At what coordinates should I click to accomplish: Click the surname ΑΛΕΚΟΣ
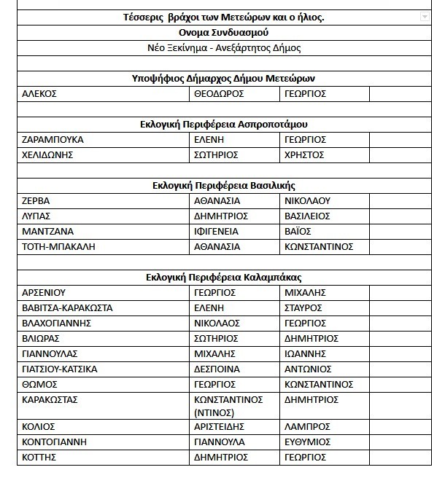[39, 94]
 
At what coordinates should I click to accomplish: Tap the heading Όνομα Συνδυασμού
[223, 33]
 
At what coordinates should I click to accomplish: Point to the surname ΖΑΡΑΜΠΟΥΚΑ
[53, 139]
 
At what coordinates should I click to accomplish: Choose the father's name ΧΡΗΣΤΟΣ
[304, 154]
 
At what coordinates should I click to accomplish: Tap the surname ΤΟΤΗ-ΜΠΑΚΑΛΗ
[59, 246]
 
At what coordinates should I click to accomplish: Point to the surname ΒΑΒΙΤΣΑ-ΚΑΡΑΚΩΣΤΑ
[68, 307]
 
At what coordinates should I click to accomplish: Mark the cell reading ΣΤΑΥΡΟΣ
[303, 307]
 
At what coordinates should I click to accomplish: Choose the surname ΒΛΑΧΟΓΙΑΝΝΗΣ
[57, 323]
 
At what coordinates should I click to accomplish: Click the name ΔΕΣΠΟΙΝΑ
[217, 369]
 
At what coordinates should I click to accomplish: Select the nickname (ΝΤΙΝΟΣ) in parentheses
[214, 412]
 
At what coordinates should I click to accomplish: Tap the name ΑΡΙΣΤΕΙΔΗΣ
[219, 426]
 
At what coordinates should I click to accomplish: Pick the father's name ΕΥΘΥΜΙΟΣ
[309, 442]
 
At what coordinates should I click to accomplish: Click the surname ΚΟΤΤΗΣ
[39, 457]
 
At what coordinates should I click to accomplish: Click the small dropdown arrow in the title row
[425, 17]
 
